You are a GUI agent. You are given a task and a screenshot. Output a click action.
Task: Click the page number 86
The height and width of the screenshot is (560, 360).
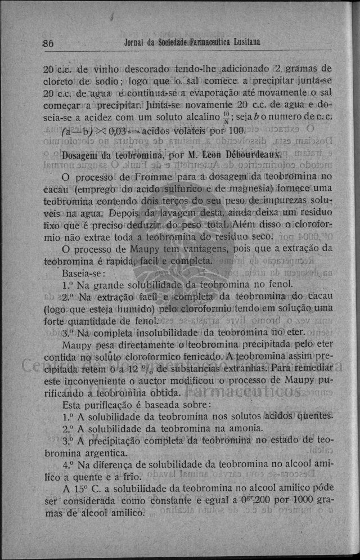(48, 43)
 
